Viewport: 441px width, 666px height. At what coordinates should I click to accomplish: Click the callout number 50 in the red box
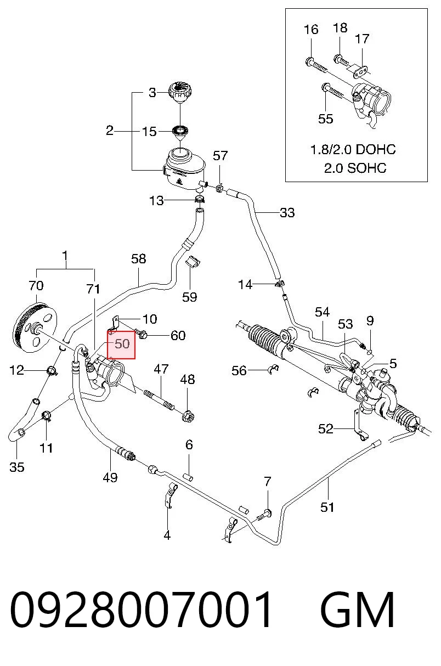pos(122,344)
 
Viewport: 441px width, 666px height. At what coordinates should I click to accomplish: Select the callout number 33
pos(287,213)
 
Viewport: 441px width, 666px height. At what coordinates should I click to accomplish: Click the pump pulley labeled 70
pos(35,328)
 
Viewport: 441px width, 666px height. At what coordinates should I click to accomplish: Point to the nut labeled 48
pos(188,415)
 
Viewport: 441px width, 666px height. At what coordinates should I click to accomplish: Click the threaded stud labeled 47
pos(160,399)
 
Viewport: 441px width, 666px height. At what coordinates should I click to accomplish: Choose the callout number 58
pos(139,259)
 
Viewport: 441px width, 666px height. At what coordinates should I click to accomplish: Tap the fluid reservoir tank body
pos(185,170)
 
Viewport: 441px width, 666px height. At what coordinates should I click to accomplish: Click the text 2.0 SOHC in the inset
pos(355,168)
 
